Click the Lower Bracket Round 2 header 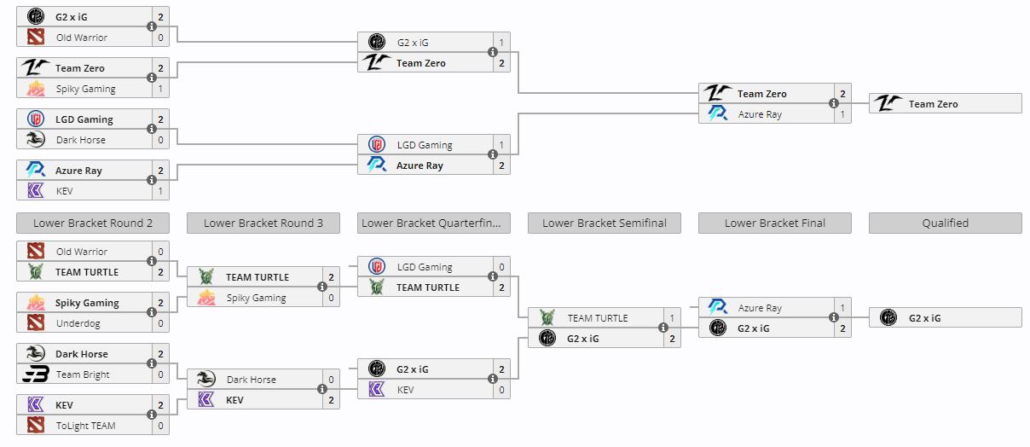(x=93, y=223)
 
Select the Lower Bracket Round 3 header (x=263, y=223)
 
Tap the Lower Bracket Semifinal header (x=605, y=223)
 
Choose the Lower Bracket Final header (x=775, y=223)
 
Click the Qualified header (x=945, y=223)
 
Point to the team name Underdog (x=75, y=323)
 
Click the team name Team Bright (x=83, y=374)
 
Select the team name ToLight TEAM (x=86, y=426)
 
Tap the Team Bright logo (x=36, y=374)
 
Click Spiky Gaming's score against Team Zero (x=160, y=89)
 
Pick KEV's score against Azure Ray (x=160, y=191)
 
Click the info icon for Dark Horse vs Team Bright (x=152, y=364)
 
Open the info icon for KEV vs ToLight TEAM (x=152, y=415)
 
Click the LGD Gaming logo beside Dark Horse (x=36, y=119)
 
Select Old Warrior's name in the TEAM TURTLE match (x=82, y=252)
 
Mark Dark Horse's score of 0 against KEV (x=331, y=380)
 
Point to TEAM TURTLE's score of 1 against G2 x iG (x=672, y=318)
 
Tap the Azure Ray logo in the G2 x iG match (x=718, y=308)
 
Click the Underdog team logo (x=36, y=323)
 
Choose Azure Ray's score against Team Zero (x=842, y=114)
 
